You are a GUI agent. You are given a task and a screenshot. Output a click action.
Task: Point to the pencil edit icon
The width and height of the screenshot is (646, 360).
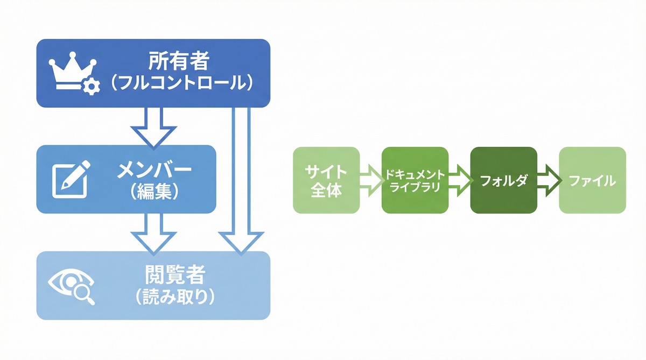tap(71, 179)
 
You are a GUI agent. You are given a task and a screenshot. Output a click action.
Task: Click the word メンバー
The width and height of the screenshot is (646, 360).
tap(155, 172)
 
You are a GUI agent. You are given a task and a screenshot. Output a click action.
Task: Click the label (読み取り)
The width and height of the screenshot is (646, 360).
tap(174, 297)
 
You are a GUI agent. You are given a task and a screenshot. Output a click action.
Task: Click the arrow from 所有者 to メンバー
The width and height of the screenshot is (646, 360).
tap(154, 127)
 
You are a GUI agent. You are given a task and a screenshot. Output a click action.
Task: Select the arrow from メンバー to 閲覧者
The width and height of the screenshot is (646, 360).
tap(154, 232)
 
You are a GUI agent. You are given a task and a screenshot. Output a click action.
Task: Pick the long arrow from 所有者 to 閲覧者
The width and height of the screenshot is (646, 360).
tap(241, 178)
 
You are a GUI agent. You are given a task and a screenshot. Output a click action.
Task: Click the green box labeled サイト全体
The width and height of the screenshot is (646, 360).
tap(326, 180)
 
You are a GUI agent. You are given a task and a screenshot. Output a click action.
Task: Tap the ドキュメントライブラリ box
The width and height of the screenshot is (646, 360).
tap(415, 180)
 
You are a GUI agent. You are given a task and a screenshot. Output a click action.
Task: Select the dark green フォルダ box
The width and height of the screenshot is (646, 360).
tap(503, 180)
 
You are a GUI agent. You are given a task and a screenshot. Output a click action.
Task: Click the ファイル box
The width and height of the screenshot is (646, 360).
tap(592, 180)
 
